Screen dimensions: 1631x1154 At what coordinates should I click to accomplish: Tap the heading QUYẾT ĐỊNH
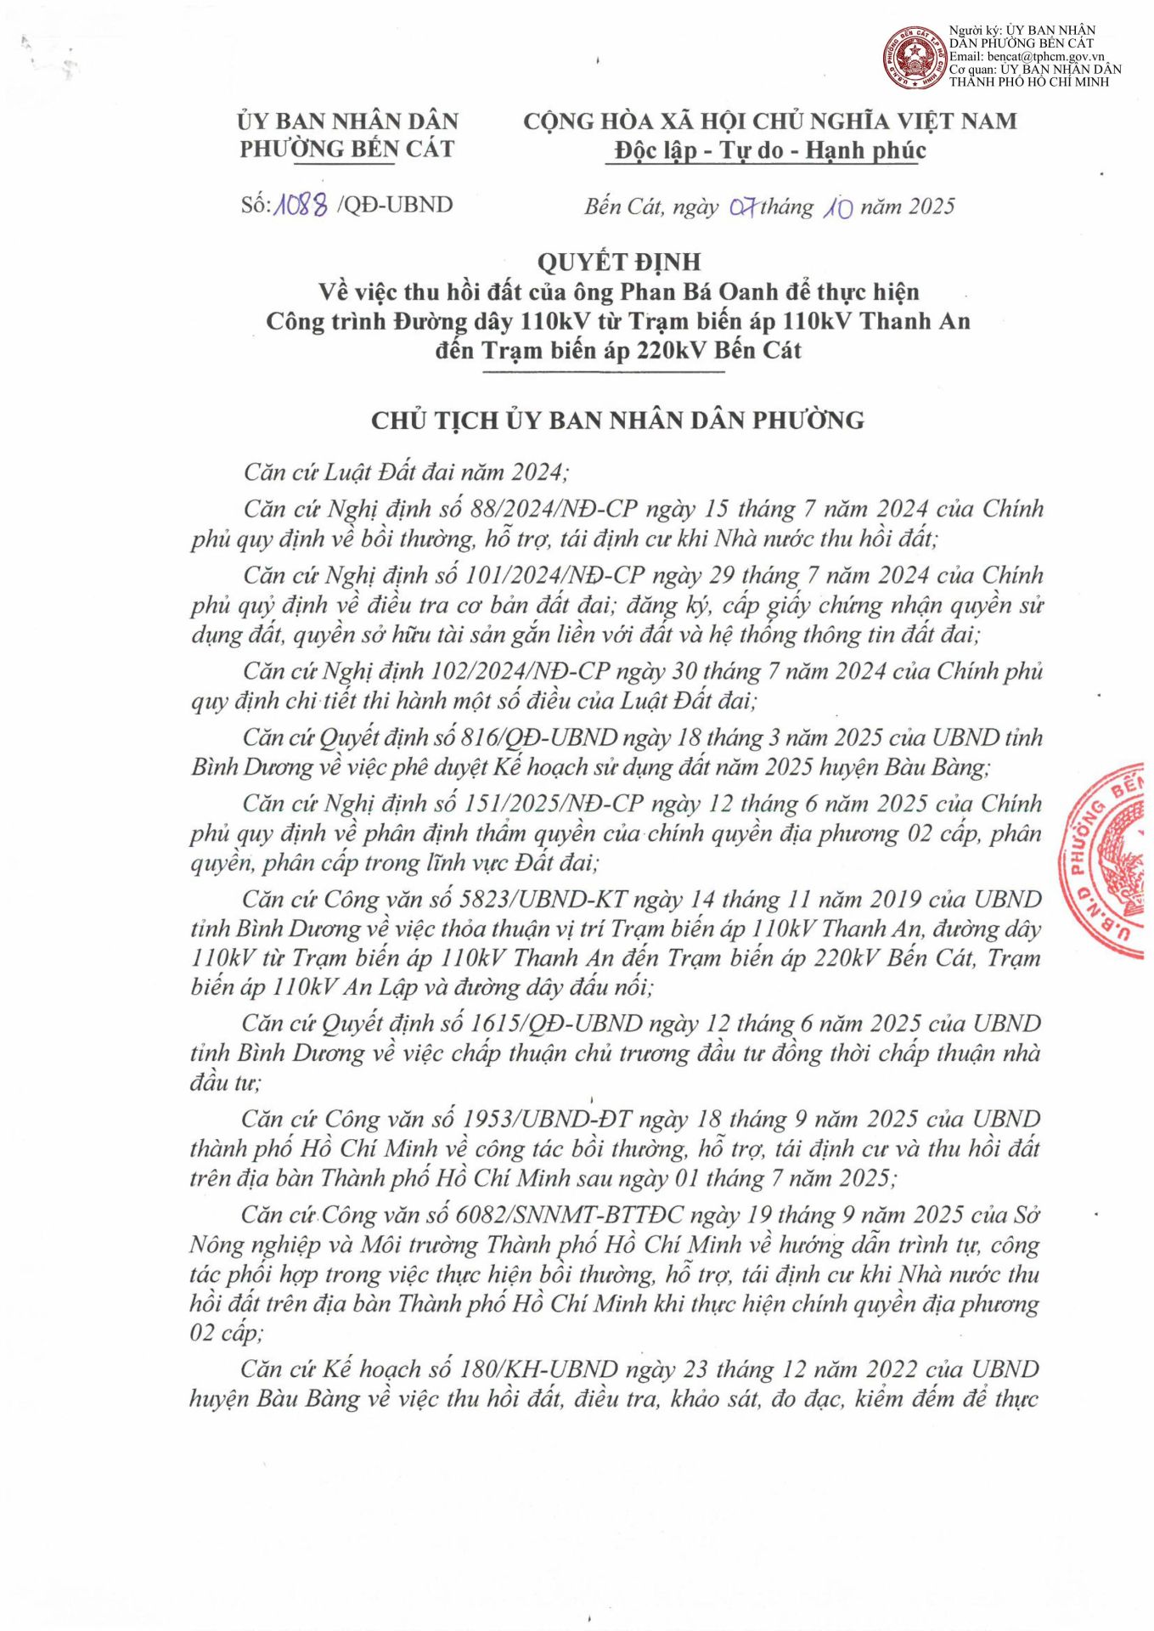point(618,262)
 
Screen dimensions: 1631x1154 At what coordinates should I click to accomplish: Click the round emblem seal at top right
point(914,58)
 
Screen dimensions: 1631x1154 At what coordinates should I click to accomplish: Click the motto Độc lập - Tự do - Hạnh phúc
point(769,150)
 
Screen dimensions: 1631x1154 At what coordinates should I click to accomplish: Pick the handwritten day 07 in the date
point(743,206)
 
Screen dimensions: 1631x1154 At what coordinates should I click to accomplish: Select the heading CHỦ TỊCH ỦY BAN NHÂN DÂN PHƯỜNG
point(617,420)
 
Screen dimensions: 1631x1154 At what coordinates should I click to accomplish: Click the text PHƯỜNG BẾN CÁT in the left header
point(346,150)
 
